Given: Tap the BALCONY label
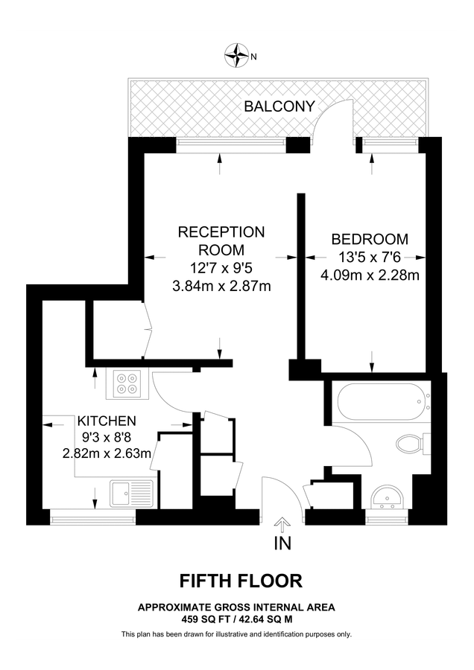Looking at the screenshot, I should [x=279, y=106].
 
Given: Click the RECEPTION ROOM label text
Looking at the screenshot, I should [x=221, y=240].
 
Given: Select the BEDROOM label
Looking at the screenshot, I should [x=370, y=239].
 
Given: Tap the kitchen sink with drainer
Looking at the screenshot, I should [x=131, y=493].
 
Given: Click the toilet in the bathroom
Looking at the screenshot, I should [x=412, y=444].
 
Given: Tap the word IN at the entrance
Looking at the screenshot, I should [x=282, y=544].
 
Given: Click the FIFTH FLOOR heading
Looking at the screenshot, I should [x=236, y=580].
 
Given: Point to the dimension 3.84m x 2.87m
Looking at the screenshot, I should [x=221, y=286].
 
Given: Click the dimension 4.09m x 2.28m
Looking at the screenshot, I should [x=370, y=275].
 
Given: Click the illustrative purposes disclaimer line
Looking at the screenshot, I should [x=236, y=634].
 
